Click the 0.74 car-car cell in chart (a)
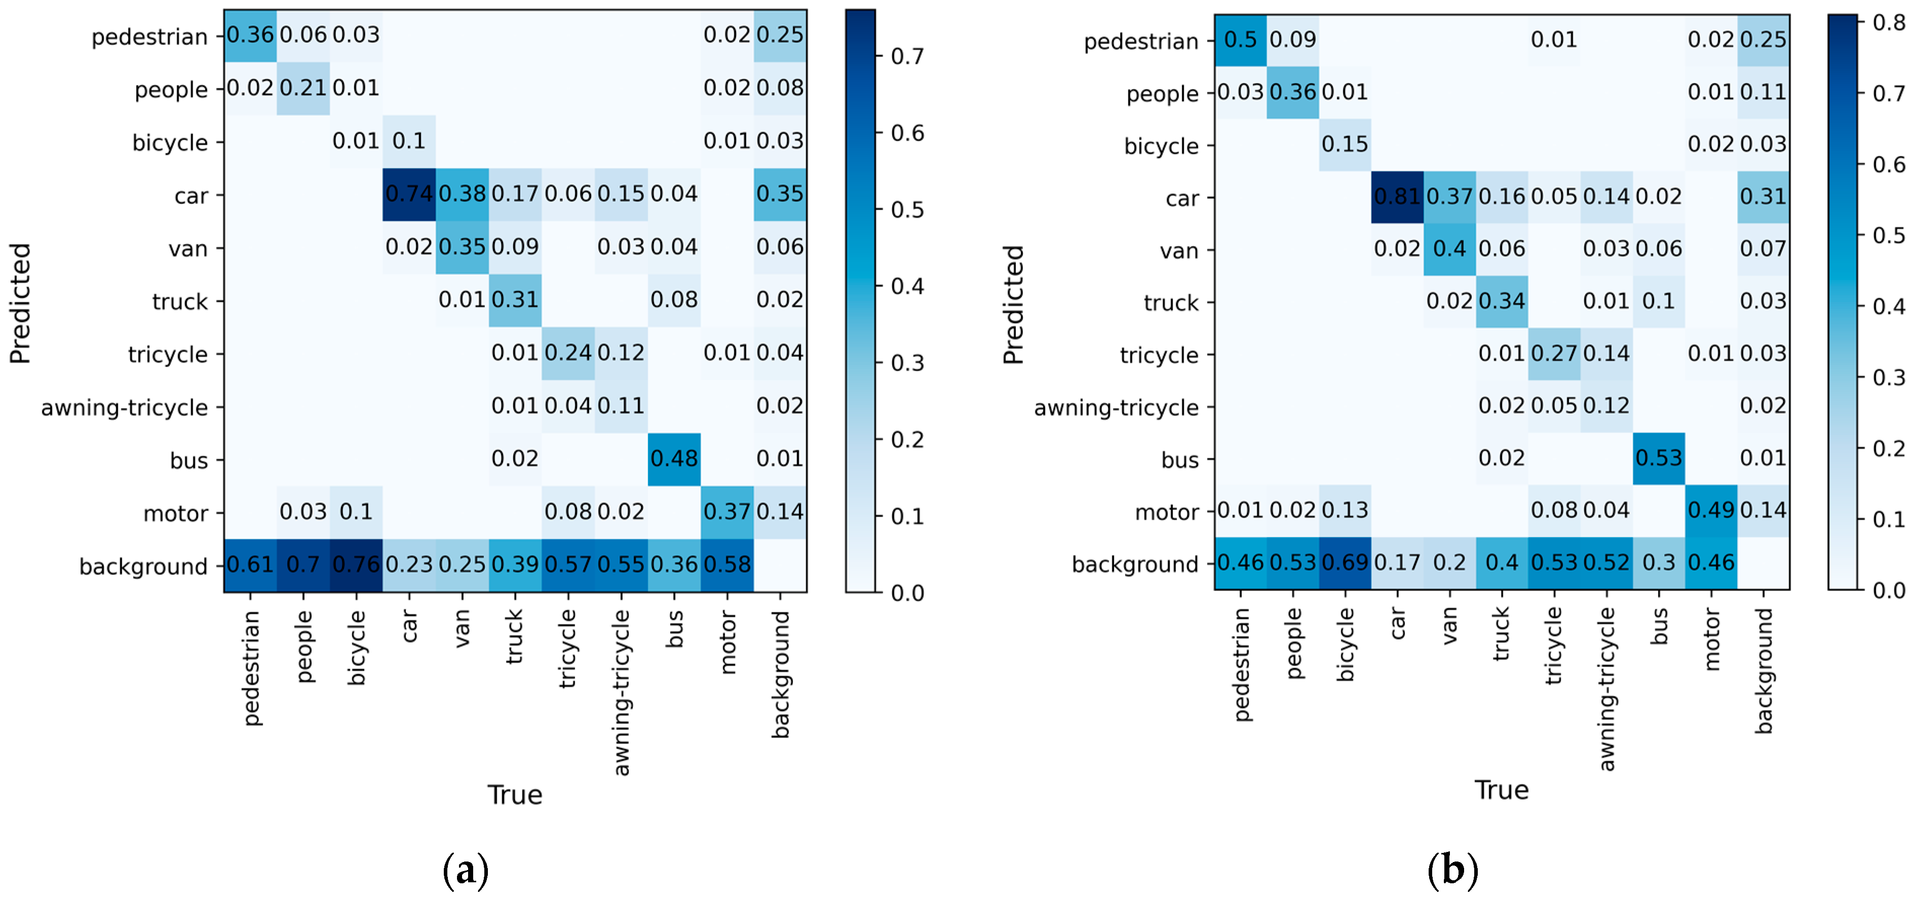coord(408,194)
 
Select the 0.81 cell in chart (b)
coord(1397,197)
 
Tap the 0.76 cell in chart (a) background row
coord(356,564)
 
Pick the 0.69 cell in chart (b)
coord(1345,563)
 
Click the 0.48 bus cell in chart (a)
coord(674,459)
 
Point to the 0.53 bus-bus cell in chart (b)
coord(1658,458)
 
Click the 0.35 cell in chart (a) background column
coord(780,194)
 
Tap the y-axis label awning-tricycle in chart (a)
coord(124,408)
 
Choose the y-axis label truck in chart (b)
coord(1171,303)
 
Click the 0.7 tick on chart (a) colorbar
coord(907,57)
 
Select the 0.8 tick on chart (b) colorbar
coord(1889,22)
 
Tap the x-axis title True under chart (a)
coord(515,795)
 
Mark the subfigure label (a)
coord(466,869)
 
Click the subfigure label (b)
coord(1452,869)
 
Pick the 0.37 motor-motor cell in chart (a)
coord(726,512)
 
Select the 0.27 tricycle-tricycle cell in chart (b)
coord(1554,353)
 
